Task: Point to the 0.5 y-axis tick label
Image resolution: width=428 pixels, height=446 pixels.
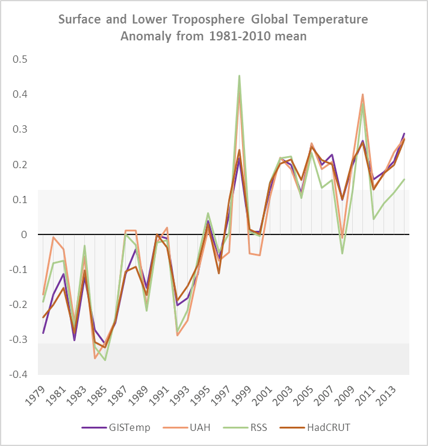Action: (20, 60)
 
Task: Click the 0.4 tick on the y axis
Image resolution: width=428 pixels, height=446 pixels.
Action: (20, 95)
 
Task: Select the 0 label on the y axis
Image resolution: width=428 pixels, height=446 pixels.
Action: (25, 234)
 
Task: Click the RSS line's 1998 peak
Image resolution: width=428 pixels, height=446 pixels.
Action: (239, 76)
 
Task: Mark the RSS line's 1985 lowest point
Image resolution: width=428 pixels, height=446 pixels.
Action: (105, 360)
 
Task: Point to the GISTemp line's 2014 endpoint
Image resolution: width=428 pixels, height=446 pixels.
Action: (404, 134)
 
